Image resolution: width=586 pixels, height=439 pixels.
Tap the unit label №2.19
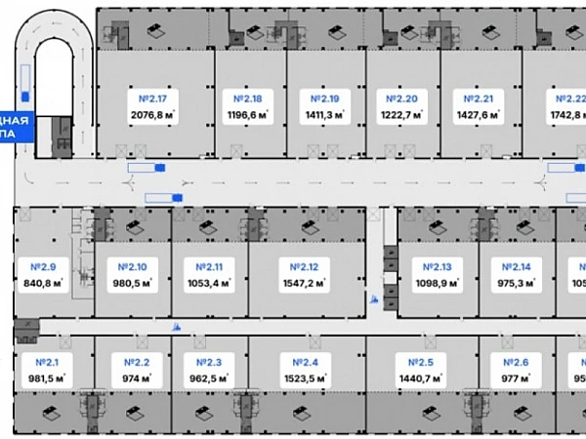324,99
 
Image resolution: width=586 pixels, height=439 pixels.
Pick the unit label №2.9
42,267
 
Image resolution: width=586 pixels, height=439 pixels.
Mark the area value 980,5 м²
132,284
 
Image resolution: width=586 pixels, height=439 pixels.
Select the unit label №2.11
209,267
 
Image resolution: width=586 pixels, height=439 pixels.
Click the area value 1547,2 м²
299,284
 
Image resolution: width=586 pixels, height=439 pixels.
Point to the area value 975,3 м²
511,284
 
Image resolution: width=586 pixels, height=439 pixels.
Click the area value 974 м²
130,379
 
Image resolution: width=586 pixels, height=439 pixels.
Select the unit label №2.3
207,363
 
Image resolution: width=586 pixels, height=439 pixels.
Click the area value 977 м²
514,379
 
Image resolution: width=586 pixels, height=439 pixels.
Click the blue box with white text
17,128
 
